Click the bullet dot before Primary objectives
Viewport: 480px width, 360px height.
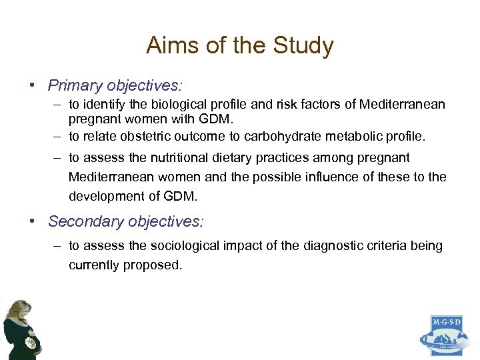coord(31,87)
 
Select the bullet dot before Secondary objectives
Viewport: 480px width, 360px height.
coord(31,221)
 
